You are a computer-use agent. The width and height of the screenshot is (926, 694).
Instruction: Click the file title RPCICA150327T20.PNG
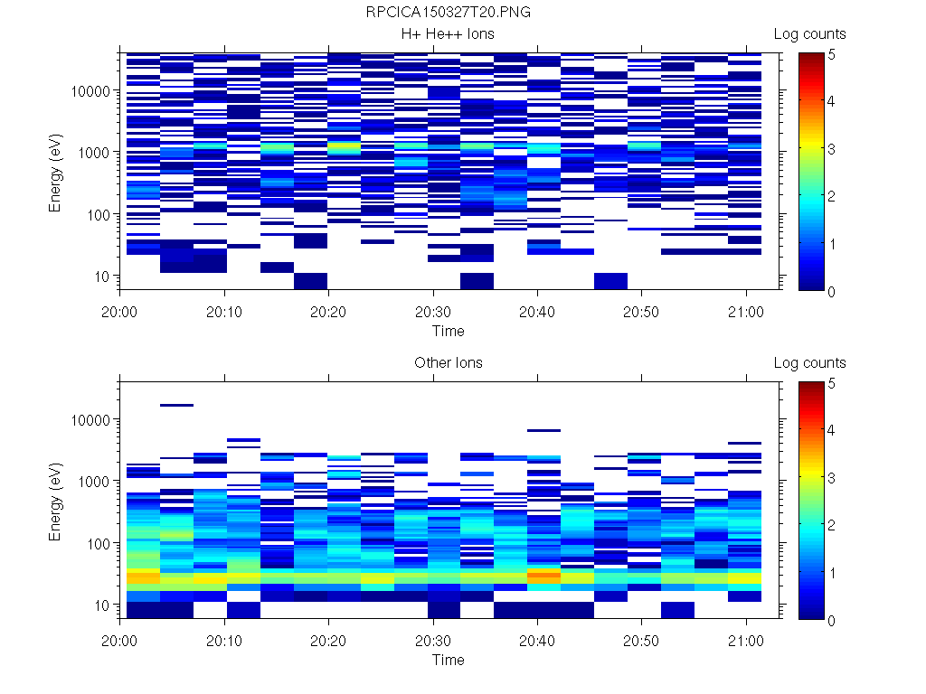click(449, 13)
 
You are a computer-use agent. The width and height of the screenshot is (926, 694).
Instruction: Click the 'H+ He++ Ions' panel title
click(449, 34)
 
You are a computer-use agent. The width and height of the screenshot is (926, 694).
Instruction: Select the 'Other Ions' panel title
click(449, 363)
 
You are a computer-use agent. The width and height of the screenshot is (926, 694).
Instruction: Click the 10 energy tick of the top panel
click(102, 276)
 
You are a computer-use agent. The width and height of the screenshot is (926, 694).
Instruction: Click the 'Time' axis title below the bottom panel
click(449, 660)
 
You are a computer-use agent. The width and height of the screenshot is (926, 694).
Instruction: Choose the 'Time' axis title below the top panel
click(449, 331)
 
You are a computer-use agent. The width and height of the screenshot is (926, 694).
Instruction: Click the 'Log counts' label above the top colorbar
click(810, 34)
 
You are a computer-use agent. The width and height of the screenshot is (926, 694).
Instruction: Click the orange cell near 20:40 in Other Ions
click(543, 574)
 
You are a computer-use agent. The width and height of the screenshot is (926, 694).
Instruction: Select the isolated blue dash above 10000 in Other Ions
click(177, 406)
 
